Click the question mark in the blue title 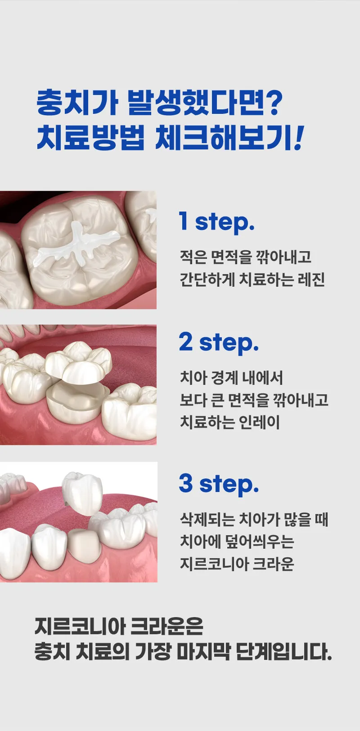(271, 103)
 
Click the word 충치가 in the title (77, 103)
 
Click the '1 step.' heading (216, 222)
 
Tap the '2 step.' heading (219, 343)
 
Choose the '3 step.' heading (219, 484)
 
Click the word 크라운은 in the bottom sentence (167, 626)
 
